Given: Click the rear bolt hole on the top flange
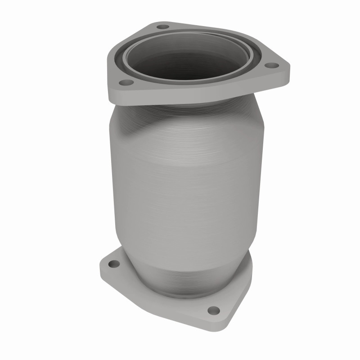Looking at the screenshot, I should tap(163, 27).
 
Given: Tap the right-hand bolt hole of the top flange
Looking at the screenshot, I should tap(270, 66).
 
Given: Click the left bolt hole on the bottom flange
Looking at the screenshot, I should tap(114, 264).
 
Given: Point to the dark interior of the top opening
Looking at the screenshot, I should tap(189, 63).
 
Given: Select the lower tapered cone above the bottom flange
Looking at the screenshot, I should tap(189, 270).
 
